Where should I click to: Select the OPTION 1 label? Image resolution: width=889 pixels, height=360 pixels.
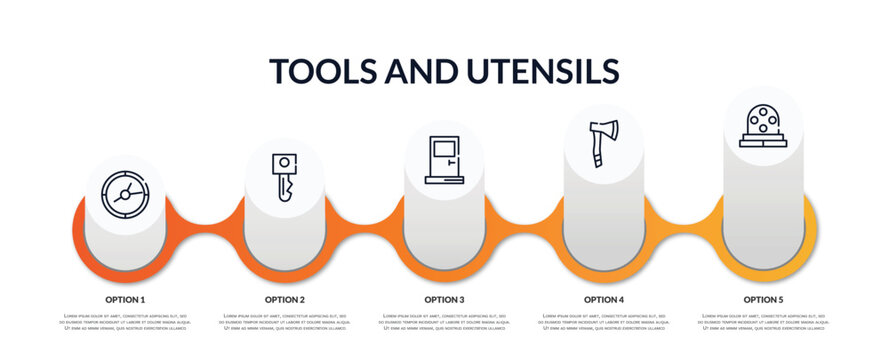point(125,299)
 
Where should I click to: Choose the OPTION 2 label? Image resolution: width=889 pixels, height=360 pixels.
point(285,299)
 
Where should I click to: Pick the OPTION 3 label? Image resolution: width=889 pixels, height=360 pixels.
point(444,299)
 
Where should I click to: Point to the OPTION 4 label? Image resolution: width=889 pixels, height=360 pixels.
point(604,299)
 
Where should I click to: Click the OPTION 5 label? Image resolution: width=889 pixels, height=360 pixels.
point(763,299)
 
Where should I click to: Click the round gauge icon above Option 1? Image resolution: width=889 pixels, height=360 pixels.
point(125,192)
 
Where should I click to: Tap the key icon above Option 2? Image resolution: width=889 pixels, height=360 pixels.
point(284,177)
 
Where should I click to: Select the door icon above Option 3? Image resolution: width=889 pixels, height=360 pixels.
point(444,159)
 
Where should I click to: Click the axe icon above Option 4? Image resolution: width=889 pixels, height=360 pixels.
point(604,142)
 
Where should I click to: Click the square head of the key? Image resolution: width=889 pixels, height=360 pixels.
point(284,165)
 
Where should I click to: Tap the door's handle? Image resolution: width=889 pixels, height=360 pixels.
point(451,160)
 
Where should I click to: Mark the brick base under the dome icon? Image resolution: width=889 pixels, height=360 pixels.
point(763,141)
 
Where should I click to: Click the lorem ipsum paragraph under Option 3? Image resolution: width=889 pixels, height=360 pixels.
point(444,322)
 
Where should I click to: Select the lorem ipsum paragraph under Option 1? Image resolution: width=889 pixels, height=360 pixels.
point(125,322)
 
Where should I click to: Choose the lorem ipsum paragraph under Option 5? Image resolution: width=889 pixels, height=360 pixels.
point(763,322)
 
